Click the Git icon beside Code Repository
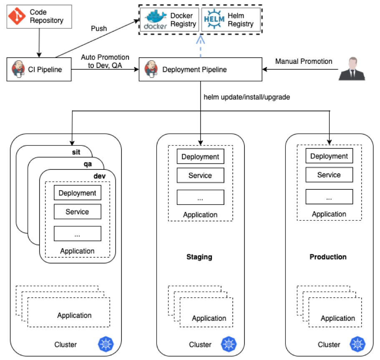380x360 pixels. tap(17, 17)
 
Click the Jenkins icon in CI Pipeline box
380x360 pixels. tap(17, 69)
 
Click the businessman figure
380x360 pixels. tap(352, 69)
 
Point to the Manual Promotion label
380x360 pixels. tap(304, 62)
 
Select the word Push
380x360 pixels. tap(99, 29)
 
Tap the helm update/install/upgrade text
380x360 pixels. tap(247, 97)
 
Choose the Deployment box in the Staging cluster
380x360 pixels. tap(200, 157)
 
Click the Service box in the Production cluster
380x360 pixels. tap(329, 175)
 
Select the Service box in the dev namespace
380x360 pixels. tap(77, 212)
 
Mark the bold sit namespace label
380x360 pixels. tap(76, 152)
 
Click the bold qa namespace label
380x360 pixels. tap(88, 164)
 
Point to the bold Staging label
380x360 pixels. tap(199, 257)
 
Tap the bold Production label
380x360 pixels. tap(328, 257)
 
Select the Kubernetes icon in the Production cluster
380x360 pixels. tap(357, 344)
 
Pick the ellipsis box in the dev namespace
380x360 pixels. tap(77, 234)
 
